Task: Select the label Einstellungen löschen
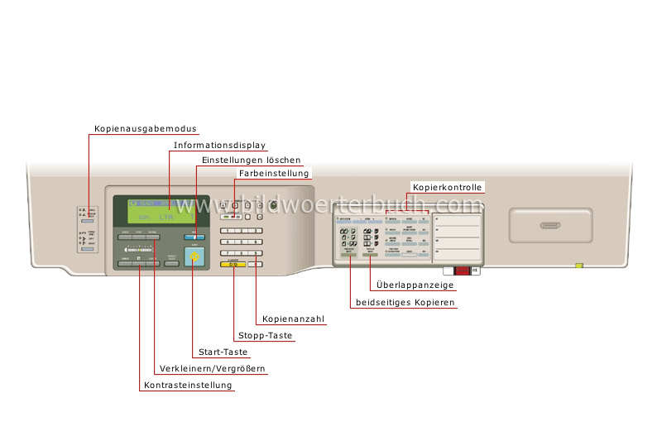[252, 160]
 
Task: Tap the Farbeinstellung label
[274, 174]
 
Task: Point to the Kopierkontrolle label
[447, 188]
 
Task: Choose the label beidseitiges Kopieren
[405, 304]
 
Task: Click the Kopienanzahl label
[293, 319]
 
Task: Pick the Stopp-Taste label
[266, 336]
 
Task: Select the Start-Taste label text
[218, 352]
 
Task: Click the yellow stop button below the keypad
[233, 264]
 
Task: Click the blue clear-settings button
[194, 237]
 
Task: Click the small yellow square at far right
[579, 266]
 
